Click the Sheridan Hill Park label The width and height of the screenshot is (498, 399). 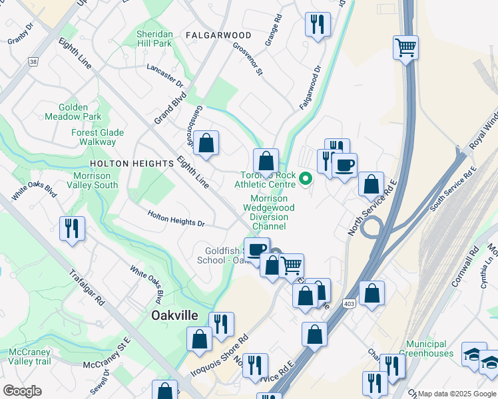point(154,39)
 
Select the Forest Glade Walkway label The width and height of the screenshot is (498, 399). point(98,137)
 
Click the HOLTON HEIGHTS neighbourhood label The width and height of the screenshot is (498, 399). point(131,164)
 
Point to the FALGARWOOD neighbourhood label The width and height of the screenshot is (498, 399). point(218,35)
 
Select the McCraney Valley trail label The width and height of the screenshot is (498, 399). point(30,356)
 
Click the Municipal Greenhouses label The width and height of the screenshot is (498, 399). point(431,348)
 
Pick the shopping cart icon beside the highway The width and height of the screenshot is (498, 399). point(405,48)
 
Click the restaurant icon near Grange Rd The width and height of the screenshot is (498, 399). point(318,25)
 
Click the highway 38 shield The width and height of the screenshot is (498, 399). point(33,61)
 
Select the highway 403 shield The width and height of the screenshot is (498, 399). point(350,304)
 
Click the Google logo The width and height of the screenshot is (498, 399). point(22,391)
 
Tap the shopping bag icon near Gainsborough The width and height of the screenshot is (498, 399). point(206,143)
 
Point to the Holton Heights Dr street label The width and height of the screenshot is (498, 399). point(176,219)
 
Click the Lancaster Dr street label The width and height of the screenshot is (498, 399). point(164,75)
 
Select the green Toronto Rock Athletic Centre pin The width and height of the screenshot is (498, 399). point(306,178)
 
